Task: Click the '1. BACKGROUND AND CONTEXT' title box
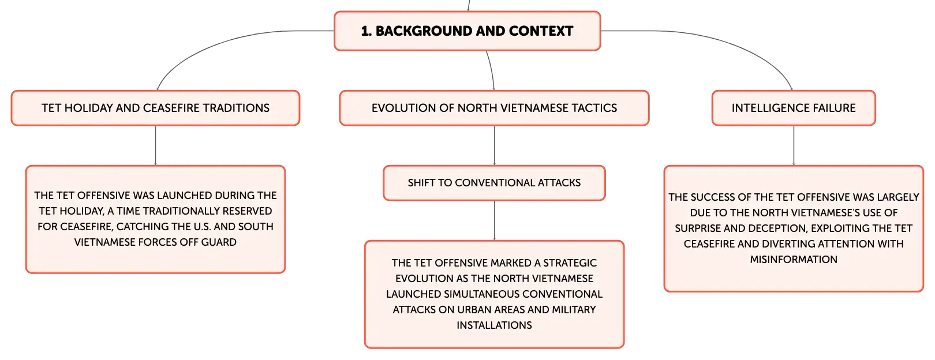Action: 467,31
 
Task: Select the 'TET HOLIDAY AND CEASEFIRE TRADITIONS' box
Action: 155,108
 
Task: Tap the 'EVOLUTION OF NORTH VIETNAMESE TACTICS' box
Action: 494,108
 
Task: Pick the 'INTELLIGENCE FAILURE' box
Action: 794,108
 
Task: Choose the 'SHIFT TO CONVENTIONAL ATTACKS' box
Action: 494,183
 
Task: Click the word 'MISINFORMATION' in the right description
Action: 794,260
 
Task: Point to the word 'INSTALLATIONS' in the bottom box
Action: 494,325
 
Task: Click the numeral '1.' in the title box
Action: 366,31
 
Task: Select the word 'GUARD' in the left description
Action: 219,242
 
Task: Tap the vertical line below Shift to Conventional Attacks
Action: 494,220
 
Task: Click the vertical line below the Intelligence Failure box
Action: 794,145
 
